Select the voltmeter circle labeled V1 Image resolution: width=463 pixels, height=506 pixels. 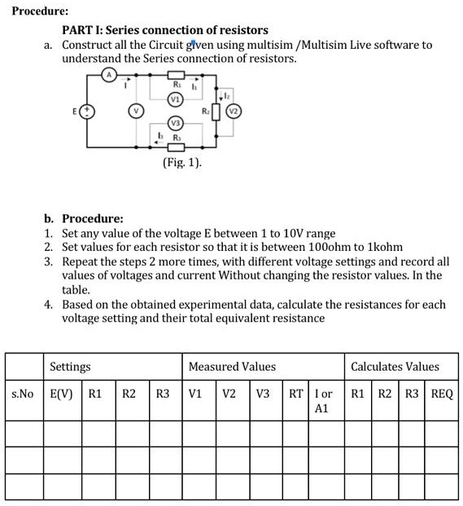(174, 99)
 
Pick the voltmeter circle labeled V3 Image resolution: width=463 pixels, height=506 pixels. (174, 122)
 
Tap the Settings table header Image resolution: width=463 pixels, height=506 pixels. (70, 367)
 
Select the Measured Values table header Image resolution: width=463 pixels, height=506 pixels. (232, 367)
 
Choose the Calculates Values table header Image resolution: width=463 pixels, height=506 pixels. (395, 367)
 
